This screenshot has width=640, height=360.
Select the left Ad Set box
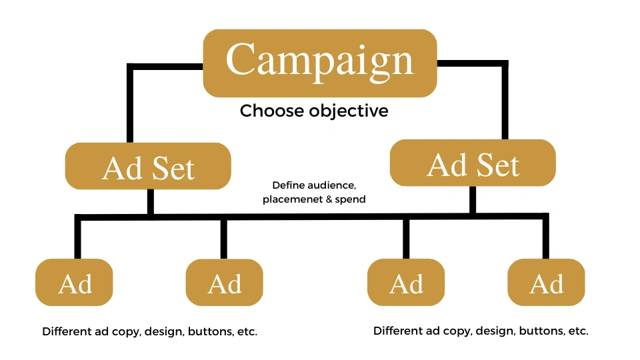(x=148, y=166)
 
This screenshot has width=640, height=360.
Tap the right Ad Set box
(x=473, y=163)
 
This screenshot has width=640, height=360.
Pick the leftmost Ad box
(x=74, y=283)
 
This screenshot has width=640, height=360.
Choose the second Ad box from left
(x=224, y=283)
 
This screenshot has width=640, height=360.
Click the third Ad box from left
(x=406, y=283)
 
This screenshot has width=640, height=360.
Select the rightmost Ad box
(x=546, y=283)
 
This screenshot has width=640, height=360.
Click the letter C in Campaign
(x=241, y=60)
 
